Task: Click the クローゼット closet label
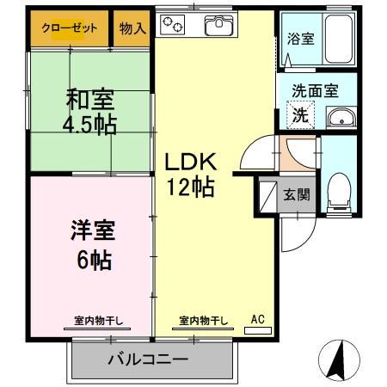pos(70,28)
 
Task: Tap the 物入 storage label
pos(132,28)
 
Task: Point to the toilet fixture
pos(340,190)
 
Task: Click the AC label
pos(257,319)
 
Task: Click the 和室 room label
pos(91,98)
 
